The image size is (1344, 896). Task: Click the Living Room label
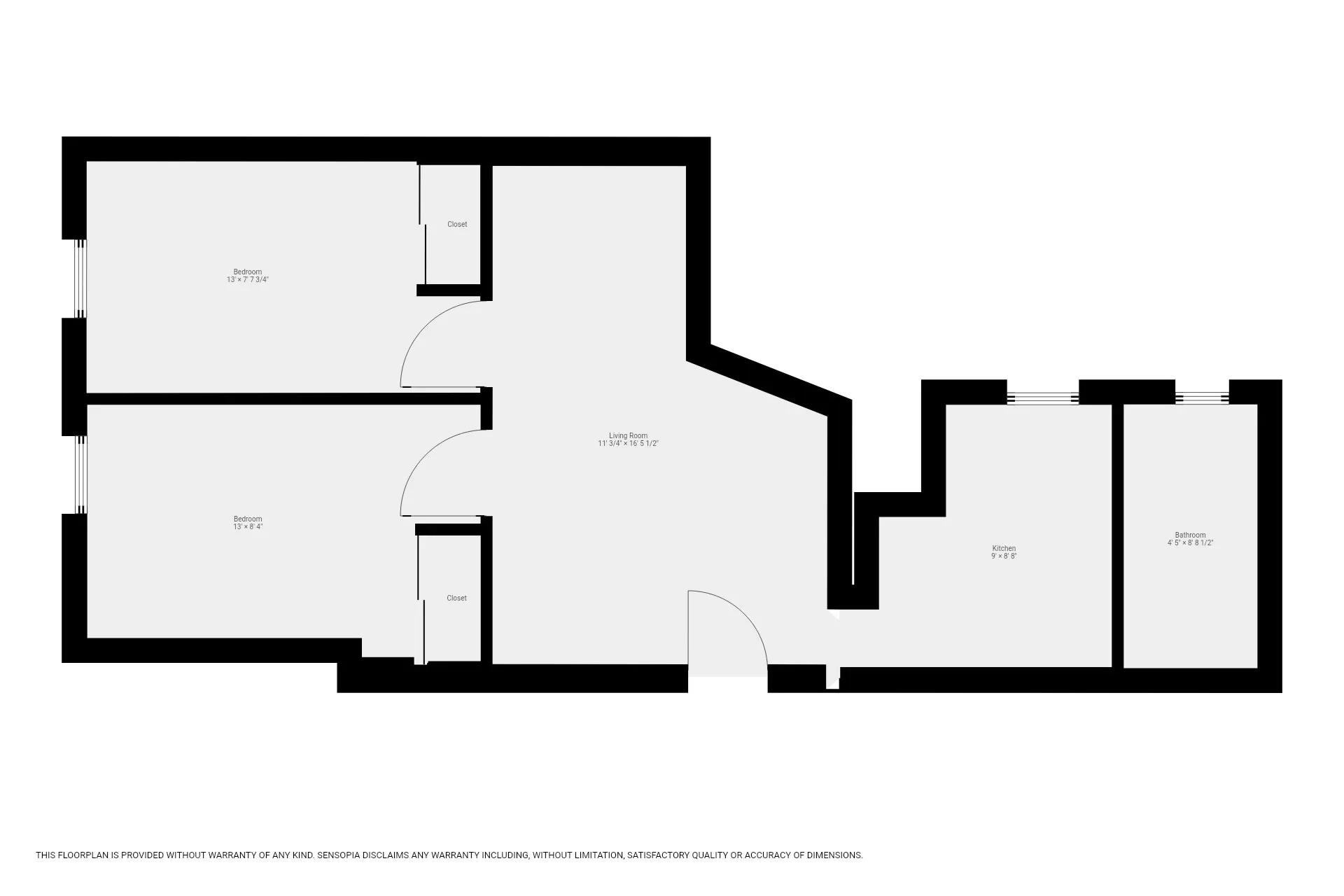(628, 435)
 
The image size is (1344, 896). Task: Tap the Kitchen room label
(1004, 548)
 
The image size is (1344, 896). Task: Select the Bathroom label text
(1190, 535)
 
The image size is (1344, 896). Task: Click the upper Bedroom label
(248, 272)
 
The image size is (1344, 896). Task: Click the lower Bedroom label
(248, 519)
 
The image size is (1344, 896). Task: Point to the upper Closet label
(457, 224)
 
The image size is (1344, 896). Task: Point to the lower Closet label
(456, 598)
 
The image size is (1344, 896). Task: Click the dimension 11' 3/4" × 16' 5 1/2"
(628, 444)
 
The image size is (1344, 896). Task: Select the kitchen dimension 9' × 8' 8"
(1004, 556)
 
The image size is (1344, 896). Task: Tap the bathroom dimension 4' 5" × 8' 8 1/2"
(1190, 543)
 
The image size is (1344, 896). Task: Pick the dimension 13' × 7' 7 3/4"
(248, 280)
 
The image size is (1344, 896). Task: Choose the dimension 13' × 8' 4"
(248, 527)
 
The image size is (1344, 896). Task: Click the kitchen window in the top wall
(1042, 398)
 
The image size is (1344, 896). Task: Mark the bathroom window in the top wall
(1202, 398)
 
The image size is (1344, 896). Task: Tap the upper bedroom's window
(80, 279)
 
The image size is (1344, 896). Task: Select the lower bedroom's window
(80, 475)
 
